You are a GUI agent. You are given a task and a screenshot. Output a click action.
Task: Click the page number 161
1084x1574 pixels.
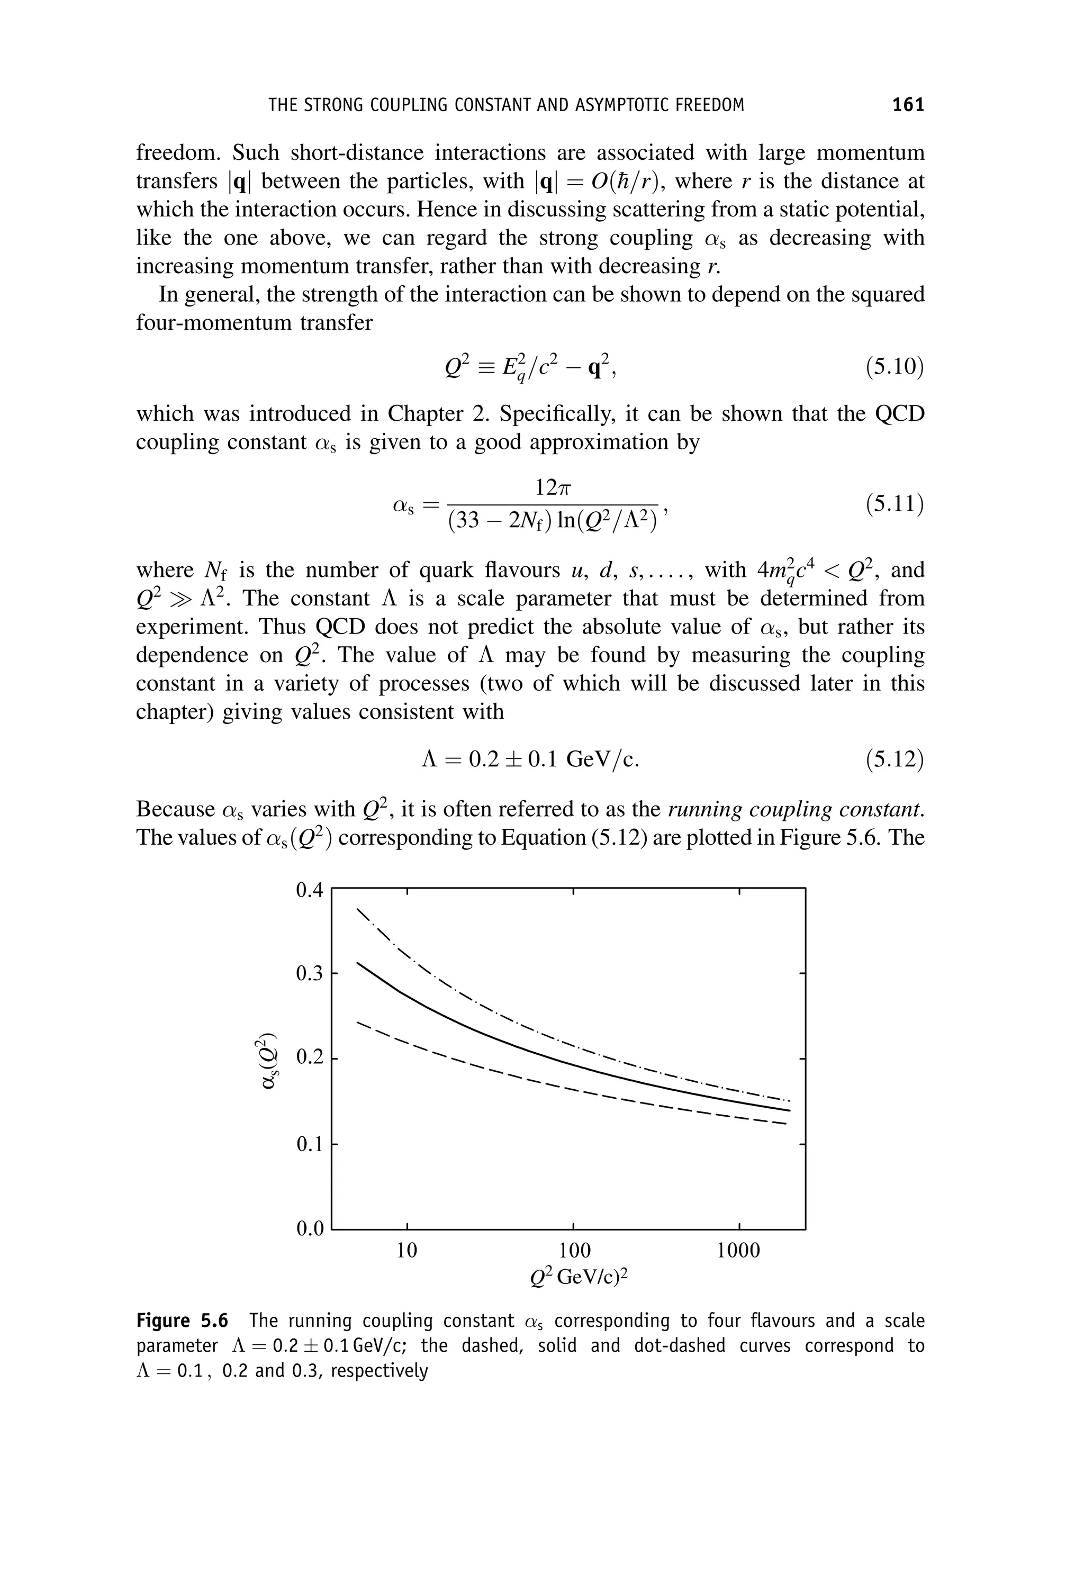[x=908, y=105]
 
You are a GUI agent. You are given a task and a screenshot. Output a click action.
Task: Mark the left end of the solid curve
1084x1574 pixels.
[x=358, y=963]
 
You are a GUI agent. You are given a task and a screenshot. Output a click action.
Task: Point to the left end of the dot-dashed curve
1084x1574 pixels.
[x=358, y=909]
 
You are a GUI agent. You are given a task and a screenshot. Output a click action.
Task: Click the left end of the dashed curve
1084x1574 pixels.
[x=358, y=1022]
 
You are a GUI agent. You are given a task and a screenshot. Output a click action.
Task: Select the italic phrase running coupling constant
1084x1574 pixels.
[x=796, y=809]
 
